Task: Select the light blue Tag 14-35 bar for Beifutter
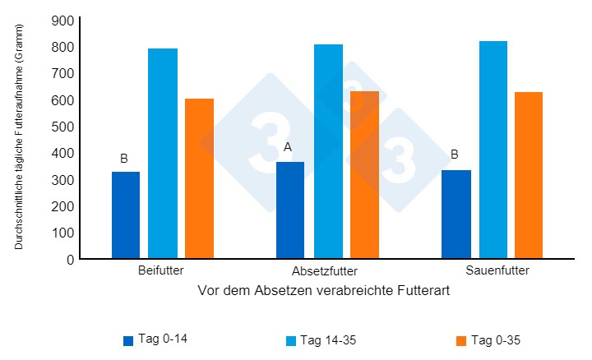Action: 163,154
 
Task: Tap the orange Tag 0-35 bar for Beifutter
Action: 199,178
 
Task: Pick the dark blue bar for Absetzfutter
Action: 290,210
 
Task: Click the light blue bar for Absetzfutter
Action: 328,151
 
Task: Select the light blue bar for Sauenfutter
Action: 493,150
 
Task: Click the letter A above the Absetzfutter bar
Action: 288,147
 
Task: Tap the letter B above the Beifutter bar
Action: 124,158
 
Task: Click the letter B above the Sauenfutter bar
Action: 454,154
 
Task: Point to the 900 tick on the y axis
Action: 62,21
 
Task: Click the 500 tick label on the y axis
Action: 62,127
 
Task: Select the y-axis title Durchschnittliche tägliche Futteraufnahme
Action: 19,136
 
